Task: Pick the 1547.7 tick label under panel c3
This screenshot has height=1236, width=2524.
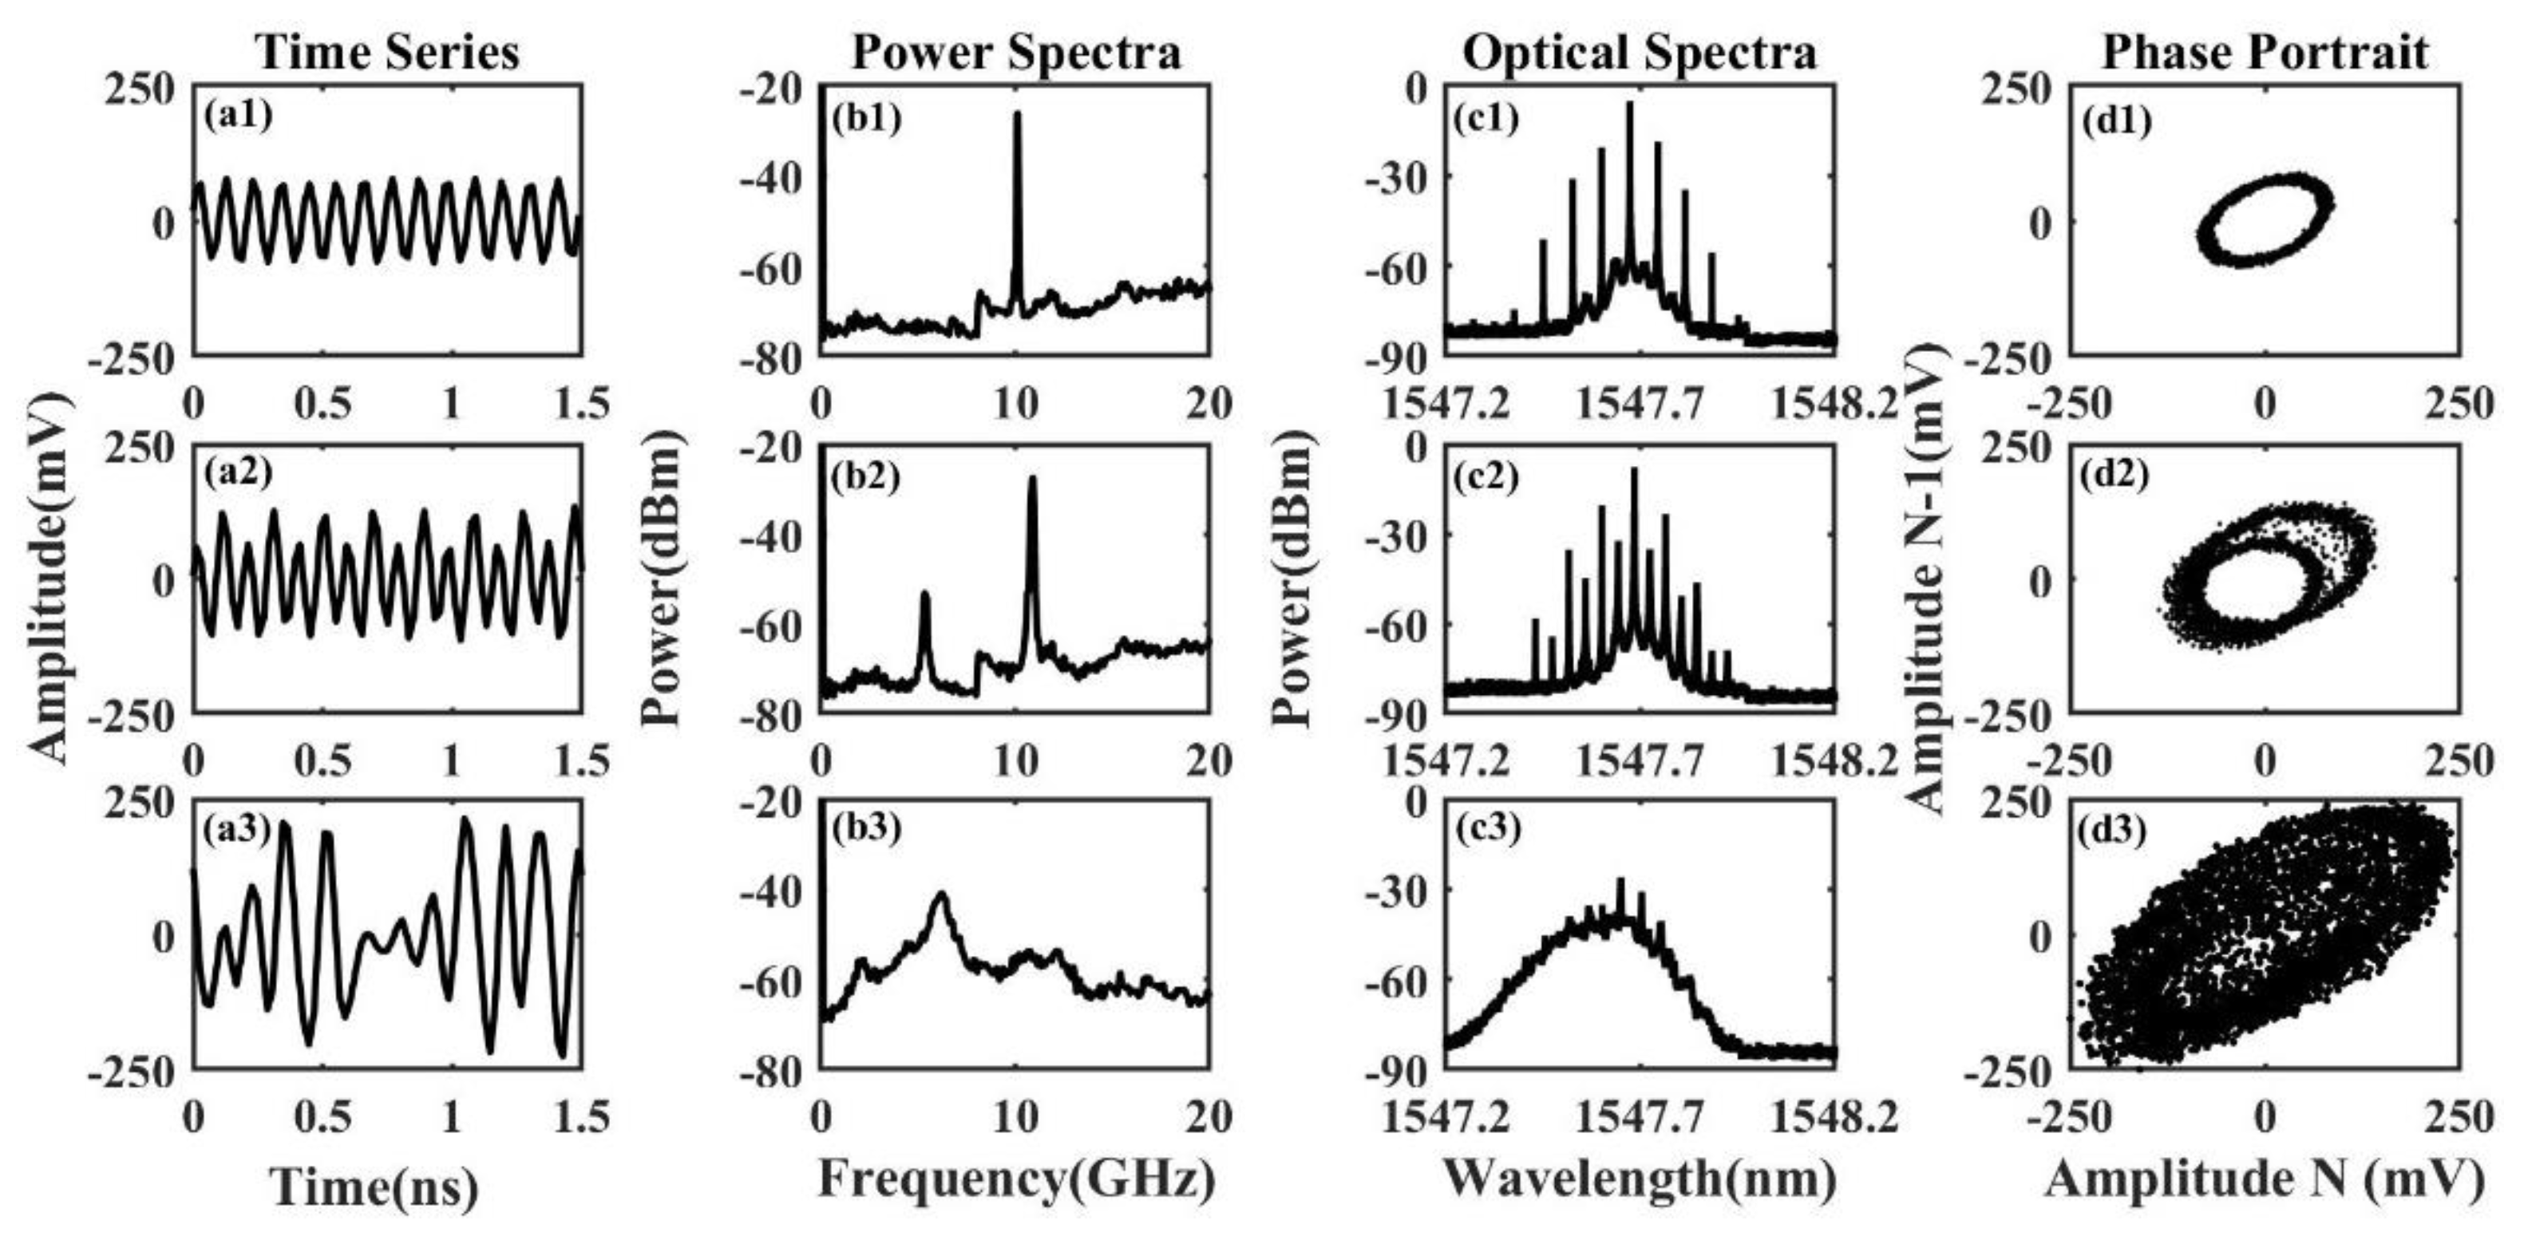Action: pyautogui.click(x=1640, y=1116)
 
